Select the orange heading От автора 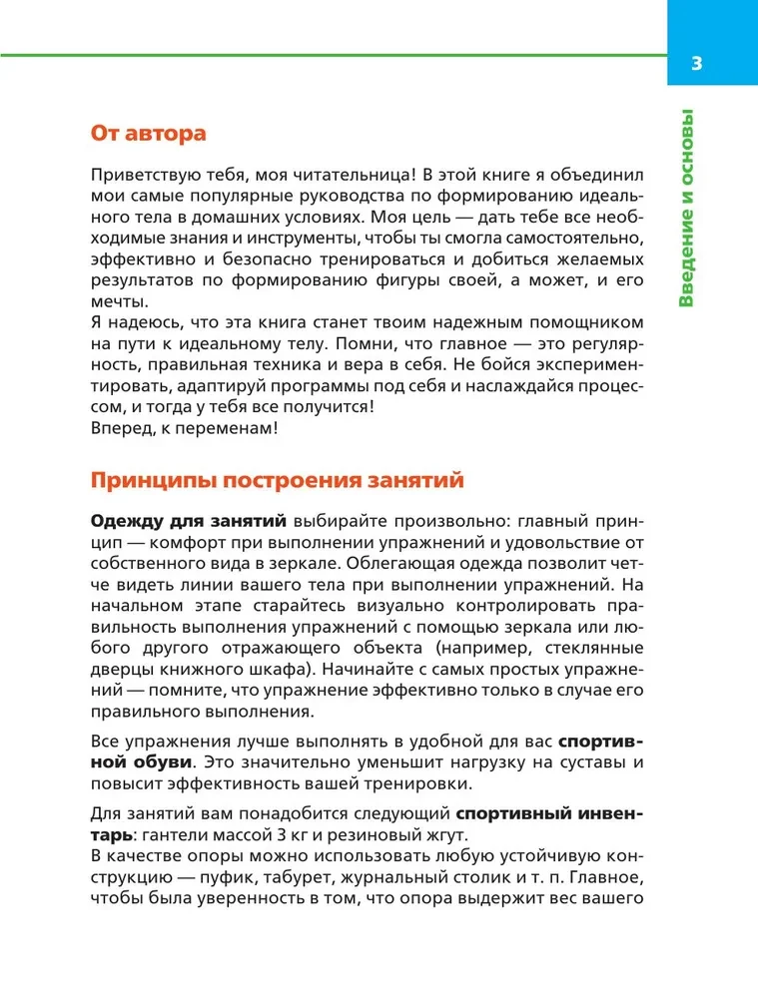tap(148, 132)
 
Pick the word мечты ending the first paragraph tap(117, 302)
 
